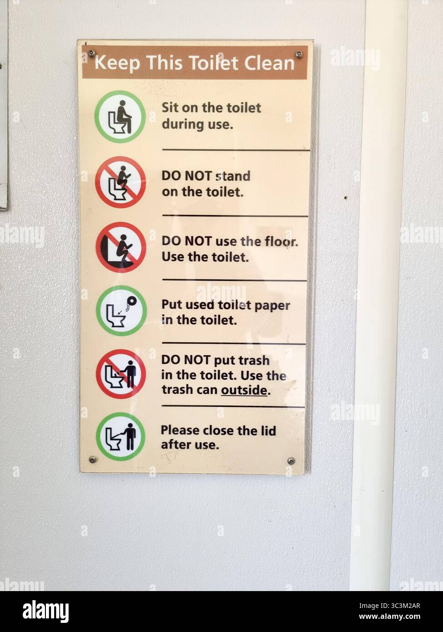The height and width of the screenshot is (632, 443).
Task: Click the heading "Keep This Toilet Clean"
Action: (194, 63)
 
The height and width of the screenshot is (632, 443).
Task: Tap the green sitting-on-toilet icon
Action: (120, 117)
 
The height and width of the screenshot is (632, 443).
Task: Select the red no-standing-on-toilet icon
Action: (120, 182)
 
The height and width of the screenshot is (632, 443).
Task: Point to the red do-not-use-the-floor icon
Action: (121, 247)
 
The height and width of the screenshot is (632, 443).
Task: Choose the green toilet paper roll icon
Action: (121, 311)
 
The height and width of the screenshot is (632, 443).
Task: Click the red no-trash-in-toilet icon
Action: (121, 374)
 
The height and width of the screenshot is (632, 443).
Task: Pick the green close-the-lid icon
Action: (121, 436)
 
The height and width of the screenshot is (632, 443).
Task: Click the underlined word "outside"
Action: (244, 390)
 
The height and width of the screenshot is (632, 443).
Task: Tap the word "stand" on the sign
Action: (233, 176)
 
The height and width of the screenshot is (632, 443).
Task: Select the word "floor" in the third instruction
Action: (281, 241)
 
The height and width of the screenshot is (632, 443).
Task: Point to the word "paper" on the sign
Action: (272, 305)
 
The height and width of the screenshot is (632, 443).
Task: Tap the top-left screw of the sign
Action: (91, 53)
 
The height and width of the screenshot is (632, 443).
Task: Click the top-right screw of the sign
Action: (299, 55)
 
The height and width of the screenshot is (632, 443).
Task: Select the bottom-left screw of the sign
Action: (93, 459)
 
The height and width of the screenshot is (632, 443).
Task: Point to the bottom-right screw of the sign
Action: (291, 461)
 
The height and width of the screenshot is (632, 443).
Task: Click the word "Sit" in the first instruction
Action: (170, 108)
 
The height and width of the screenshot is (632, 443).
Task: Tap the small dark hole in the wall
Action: (346, 198)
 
